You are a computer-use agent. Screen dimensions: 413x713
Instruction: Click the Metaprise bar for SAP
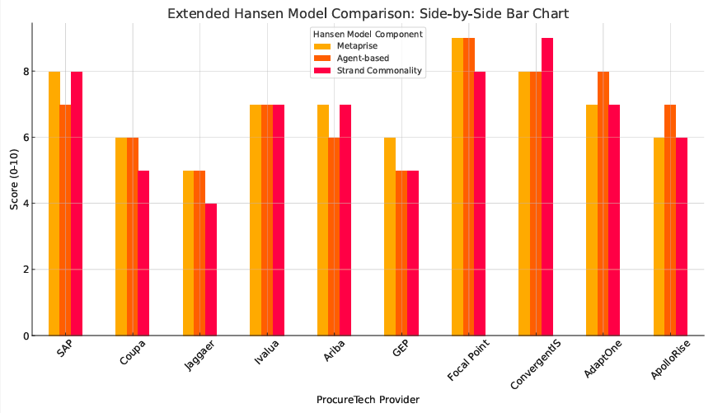[x=54, y=204]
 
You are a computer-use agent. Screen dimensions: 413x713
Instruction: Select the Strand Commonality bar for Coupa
[x=143, y=253]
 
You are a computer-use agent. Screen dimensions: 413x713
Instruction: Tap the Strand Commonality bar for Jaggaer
[x=211, y=270]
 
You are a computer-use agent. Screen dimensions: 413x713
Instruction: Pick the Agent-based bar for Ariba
[x=334, y=237]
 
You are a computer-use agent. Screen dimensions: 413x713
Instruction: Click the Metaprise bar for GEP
[x=390, y=237]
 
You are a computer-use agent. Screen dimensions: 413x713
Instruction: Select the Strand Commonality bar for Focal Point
[x=480, y=204]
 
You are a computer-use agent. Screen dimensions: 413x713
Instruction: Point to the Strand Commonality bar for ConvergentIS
[x=547, y=187]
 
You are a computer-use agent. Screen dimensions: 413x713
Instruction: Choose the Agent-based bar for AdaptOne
[x=603, y=204]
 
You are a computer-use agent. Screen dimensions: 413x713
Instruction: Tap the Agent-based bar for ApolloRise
[x=670, y=220]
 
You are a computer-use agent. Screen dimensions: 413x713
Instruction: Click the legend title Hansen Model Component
[x=368, y=34]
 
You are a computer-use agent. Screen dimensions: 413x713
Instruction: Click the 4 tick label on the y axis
[x=26, y=204]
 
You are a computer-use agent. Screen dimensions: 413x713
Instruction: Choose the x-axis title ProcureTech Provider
[x=368, y=400]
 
